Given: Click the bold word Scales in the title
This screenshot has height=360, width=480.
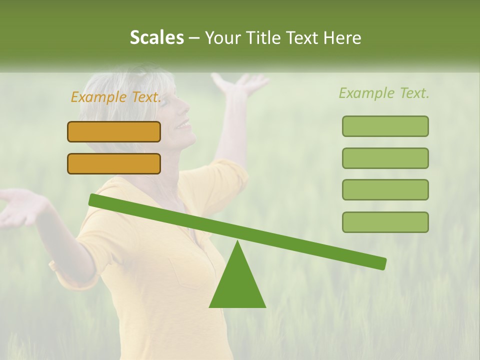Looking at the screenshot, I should [156, 38].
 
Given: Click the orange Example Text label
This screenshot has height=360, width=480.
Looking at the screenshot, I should [115, 97].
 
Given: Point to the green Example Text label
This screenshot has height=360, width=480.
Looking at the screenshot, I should [384, 93].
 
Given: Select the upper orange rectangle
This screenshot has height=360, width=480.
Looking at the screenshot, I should [114, 131].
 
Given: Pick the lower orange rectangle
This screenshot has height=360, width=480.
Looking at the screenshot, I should [114, 163].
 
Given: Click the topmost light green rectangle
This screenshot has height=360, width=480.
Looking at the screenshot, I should [385, 126].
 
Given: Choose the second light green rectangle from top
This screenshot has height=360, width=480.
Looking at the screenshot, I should [385, 158].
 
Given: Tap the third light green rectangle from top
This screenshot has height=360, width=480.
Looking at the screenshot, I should [385, 190].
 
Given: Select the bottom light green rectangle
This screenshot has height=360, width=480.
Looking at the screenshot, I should [385, 222].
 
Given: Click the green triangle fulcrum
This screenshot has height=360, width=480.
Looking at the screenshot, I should [237, 285].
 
